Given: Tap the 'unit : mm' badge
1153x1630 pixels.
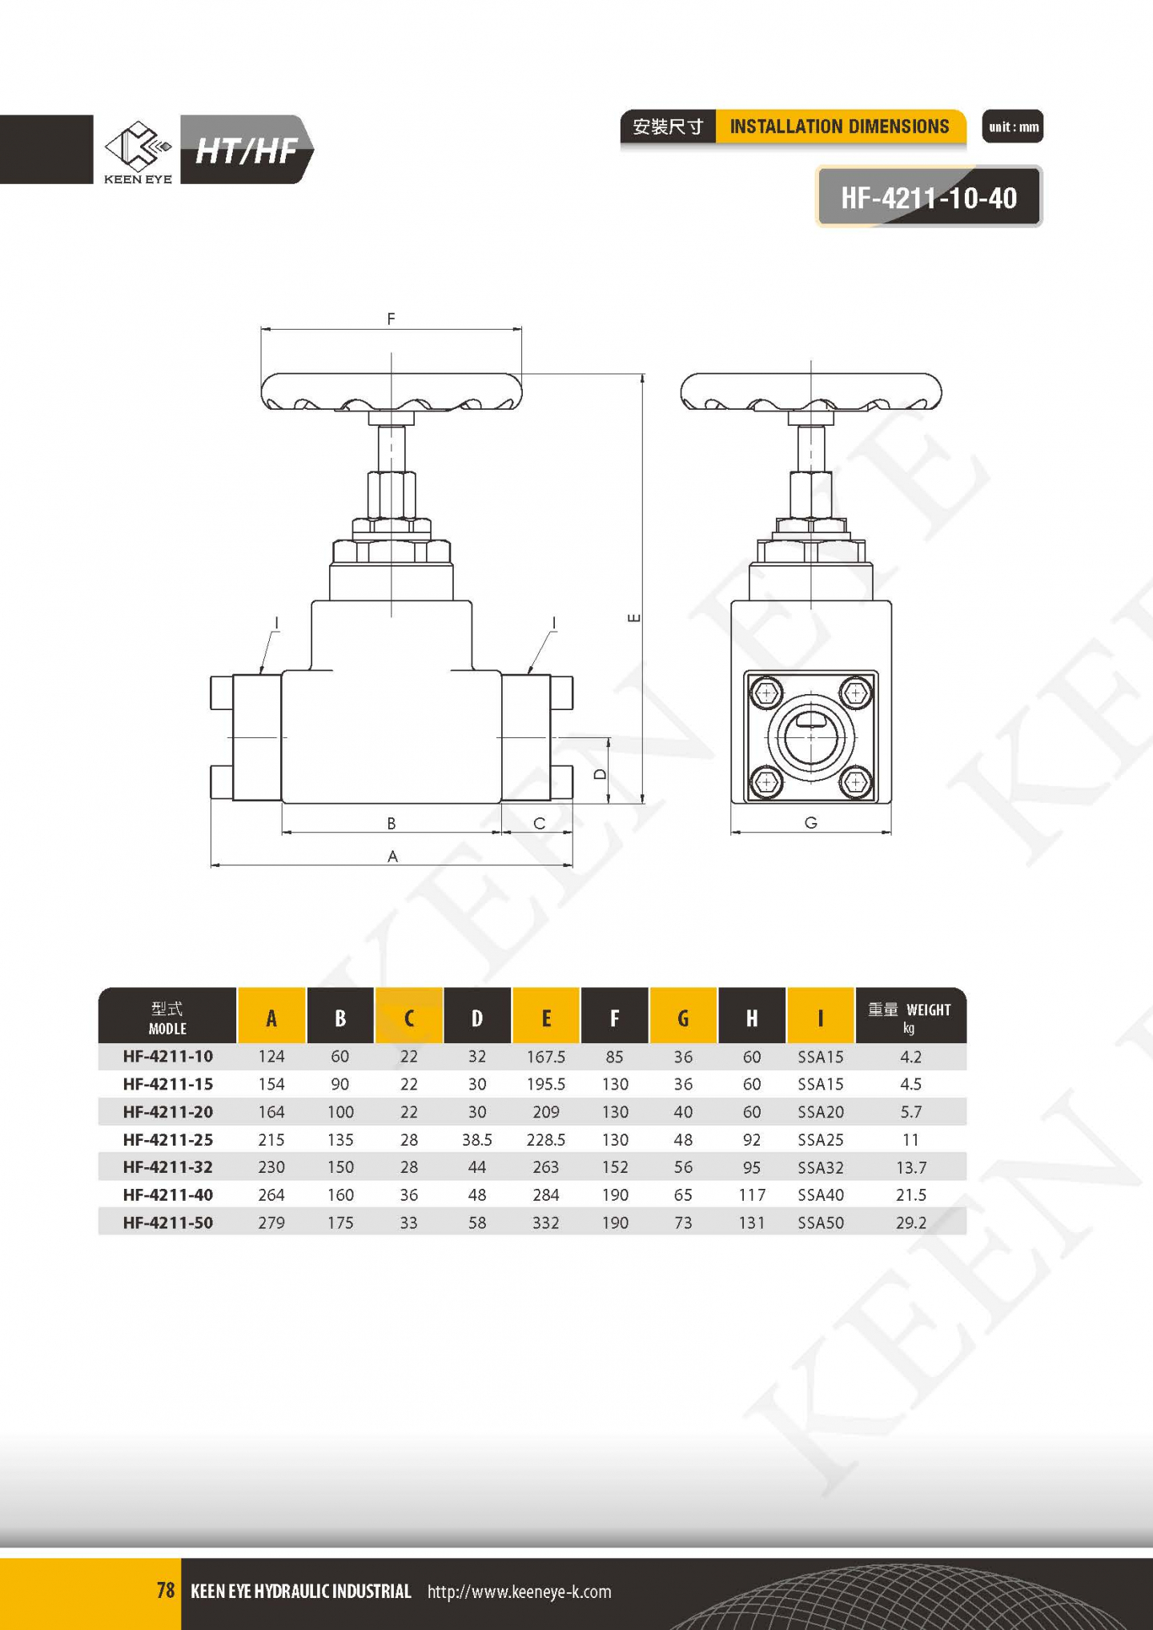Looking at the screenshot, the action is pyautogui.click(x=1013, y=126).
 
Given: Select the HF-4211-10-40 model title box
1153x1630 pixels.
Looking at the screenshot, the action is pyautogui.click(x=929, y=197).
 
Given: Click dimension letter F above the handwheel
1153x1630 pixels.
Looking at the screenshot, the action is pyautogui.click(x=391, y=319).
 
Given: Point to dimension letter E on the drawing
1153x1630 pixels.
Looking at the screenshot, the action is pyautogui.click(x=634, y=617).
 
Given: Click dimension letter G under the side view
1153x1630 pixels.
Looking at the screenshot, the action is pyautogui.click(x=810, y=822).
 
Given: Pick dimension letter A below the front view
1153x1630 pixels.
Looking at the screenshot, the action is pyautogui.click(x=392, y=856).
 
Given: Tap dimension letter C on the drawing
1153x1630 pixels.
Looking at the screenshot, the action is pyautogui.click(x=539, y=823).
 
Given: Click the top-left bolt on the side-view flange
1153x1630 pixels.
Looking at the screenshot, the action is pyautogui.click(x=766, y=693).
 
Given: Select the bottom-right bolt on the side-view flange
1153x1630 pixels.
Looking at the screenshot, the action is pyautogui.click(x=855, y=781).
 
